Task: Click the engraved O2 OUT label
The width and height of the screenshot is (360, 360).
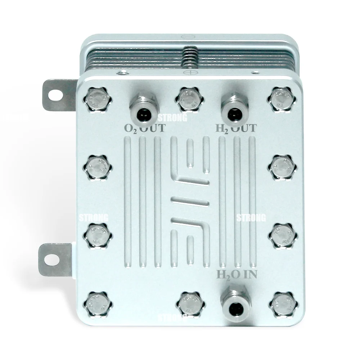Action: click(x=144, y=128)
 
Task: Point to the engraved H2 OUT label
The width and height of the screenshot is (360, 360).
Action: click(x=236, y=128)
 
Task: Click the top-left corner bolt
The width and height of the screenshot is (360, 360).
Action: click(x=98, y=99)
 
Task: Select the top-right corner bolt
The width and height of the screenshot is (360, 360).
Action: click(x=281, y=99)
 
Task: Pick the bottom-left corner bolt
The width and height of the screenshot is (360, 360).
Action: click(x=98, y=305)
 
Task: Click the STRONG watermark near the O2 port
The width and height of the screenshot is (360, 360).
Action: click(x=172, y=117)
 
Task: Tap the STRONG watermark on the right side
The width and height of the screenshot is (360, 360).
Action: click(x=251, y=218)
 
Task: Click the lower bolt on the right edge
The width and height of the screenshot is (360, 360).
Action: click(x=283, y=235)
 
